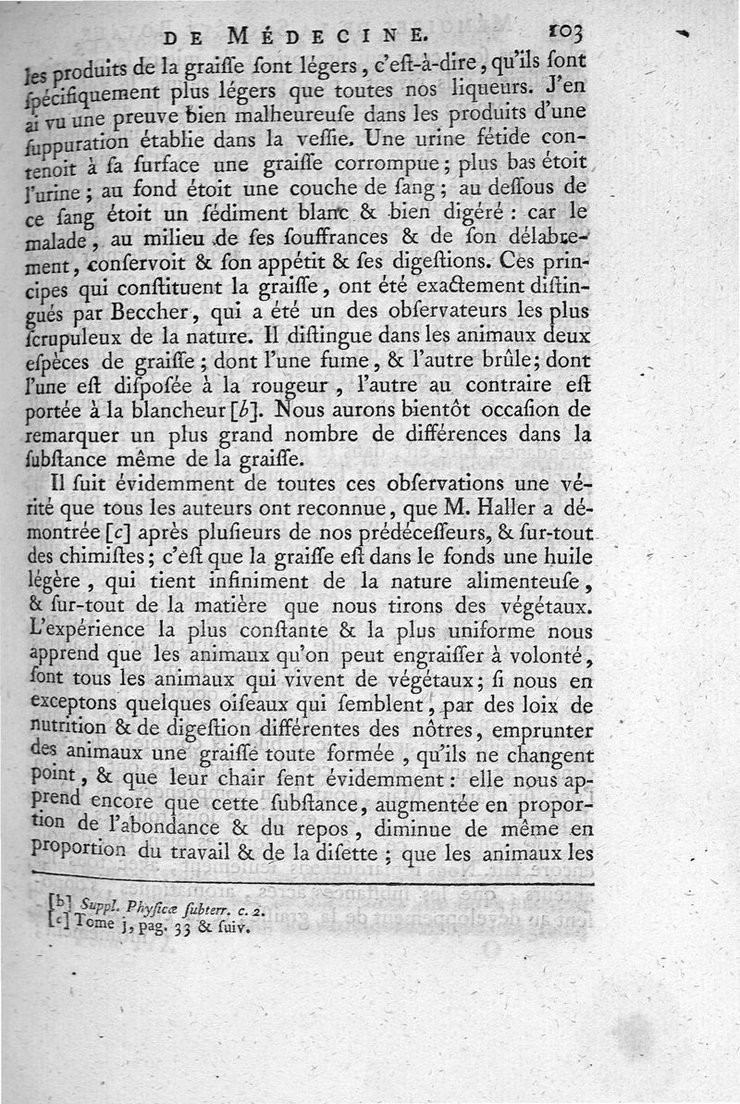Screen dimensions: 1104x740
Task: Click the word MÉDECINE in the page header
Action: point(338,36)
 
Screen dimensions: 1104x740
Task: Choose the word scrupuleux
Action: point(71,336)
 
